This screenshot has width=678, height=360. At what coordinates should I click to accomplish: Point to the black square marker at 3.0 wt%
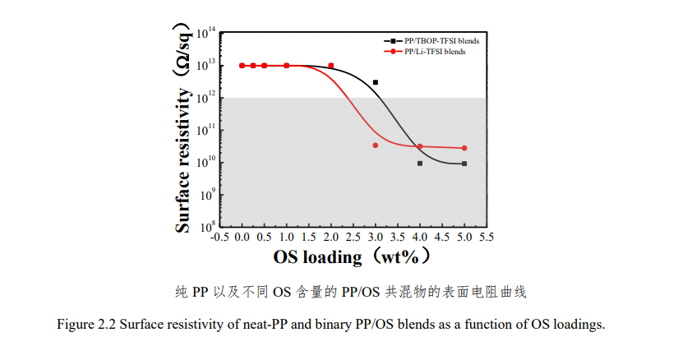click(x=376, y=82)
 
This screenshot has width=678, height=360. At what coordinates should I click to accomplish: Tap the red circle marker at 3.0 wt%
click(x=376, y=145)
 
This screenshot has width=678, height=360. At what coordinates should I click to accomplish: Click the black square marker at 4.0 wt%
click(x=420, y=164)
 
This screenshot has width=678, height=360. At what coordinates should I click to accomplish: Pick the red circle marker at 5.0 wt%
click(x=464, y=148)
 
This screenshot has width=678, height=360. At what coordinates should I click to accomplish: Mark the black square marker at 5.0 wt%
click(x=464, y=164)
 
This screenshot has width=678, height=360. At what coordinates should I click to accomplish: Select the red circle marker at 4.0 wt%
click(x=420, y=146)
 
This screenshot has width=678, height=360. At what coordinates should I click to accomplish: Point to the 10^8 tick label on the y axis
click(x=206, y=226)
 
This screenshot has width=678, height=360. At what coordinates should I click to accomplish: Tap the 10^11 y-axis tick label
click(x=206, y=130)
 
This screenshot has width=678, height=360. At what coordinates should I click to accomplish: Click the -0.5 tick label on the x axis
click(x=219, y=237)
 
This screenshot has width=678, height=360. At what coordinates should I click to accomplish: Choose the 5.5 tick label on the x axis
click(x=487, y=237)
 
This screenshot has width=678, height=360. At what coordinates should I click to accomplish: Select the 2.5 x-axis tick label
click(x=353, y=237)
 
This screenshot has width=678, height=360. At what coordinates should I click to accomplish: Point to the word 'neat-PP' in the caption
click(x=264, y=324)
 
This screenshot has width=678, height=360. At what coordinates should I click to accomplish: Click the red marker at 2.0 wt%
click(x=331, y=66)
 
